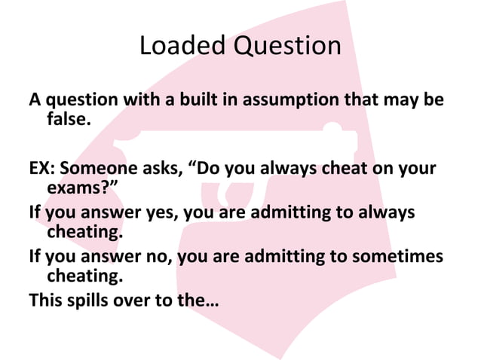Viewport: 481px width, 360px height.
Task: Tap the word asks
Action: [164, 168]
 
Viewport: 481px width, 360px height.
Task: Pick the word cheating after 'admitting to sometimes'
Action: [84, 276]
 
